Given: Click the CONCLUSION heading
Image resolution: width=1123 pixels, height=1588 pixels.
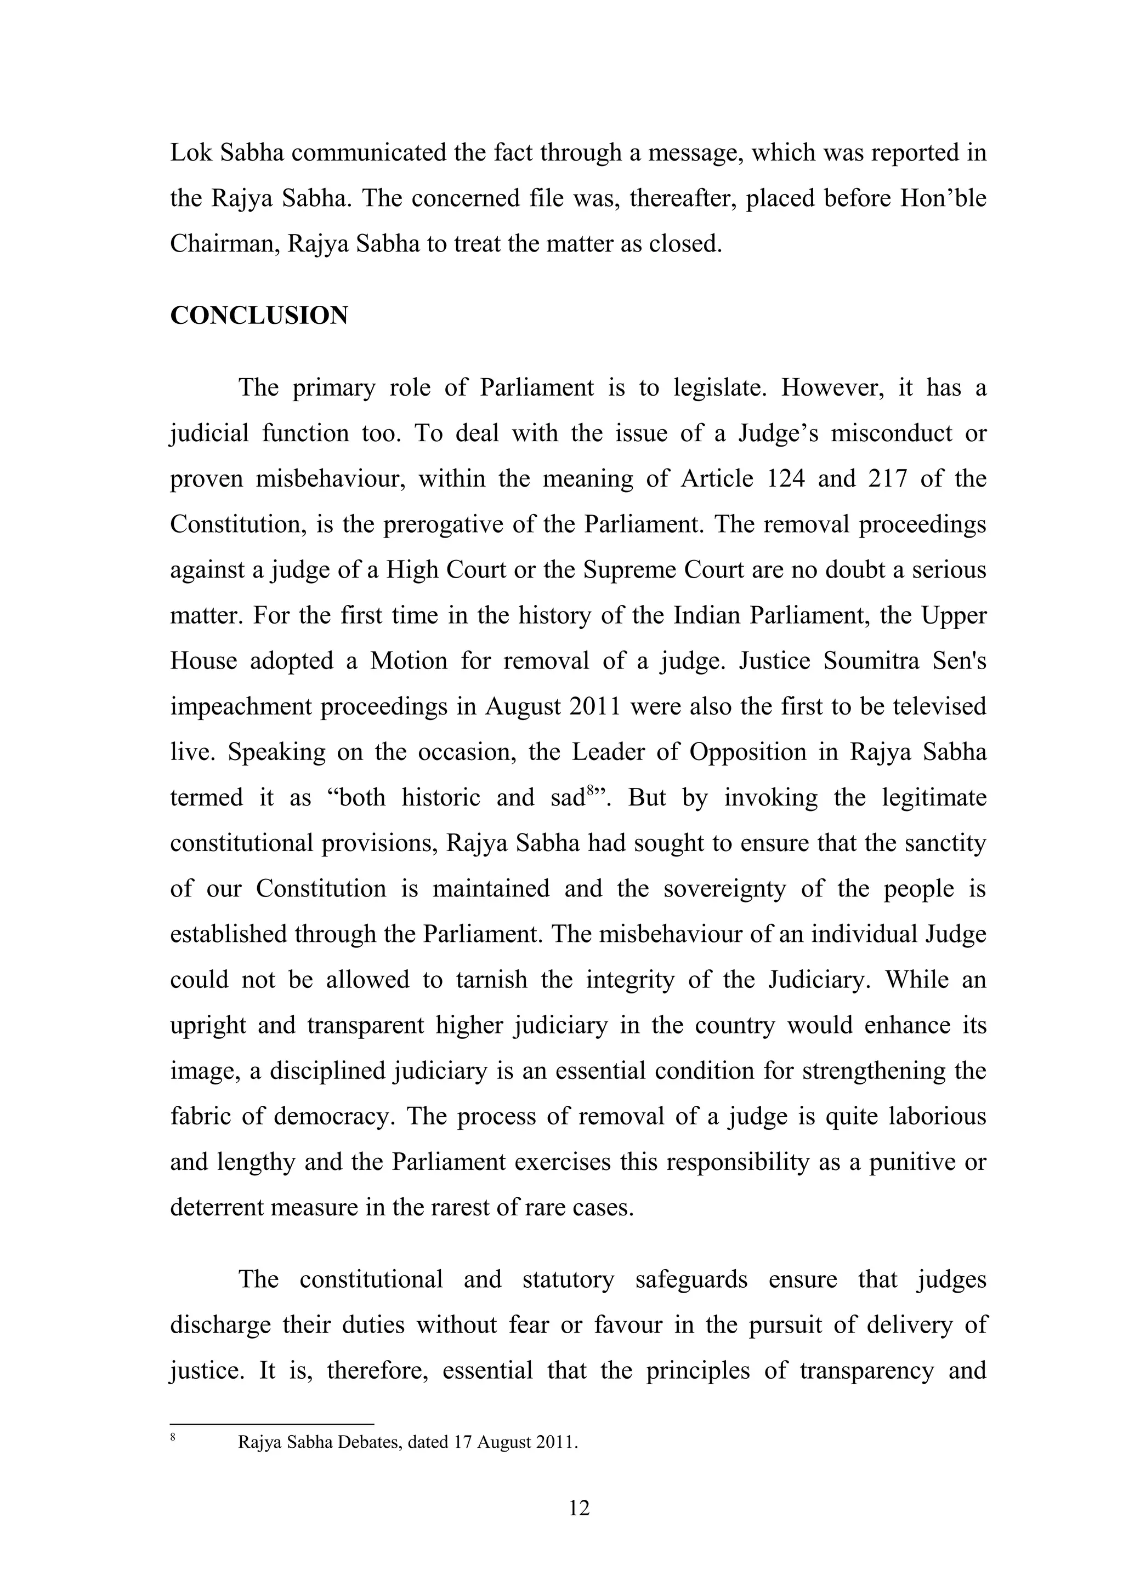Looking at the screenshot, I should click(259, 316).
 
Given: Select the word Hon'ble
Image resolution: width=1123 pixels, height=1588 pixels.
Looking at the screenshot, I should click(943, 198).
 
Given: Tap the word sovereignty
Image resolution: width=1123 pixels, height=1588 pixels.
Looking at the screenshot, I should click(724, 889).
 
